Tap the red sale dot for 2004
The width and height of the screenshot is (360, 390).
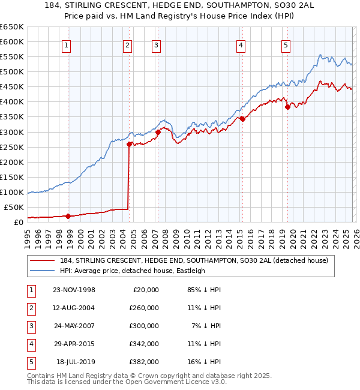129,144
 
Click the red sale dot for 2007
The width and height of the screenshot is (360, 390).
158,132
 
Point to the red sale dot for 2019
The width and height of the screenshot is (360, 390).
287,107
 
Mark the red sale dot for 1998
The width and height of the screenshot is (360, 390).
68,216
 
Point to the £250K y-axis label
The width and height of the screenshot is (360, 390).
12,147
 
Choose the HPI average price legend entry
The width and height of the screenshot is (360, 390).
132,271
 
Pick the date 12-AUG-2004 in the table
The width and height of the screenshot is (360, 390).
74,308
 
